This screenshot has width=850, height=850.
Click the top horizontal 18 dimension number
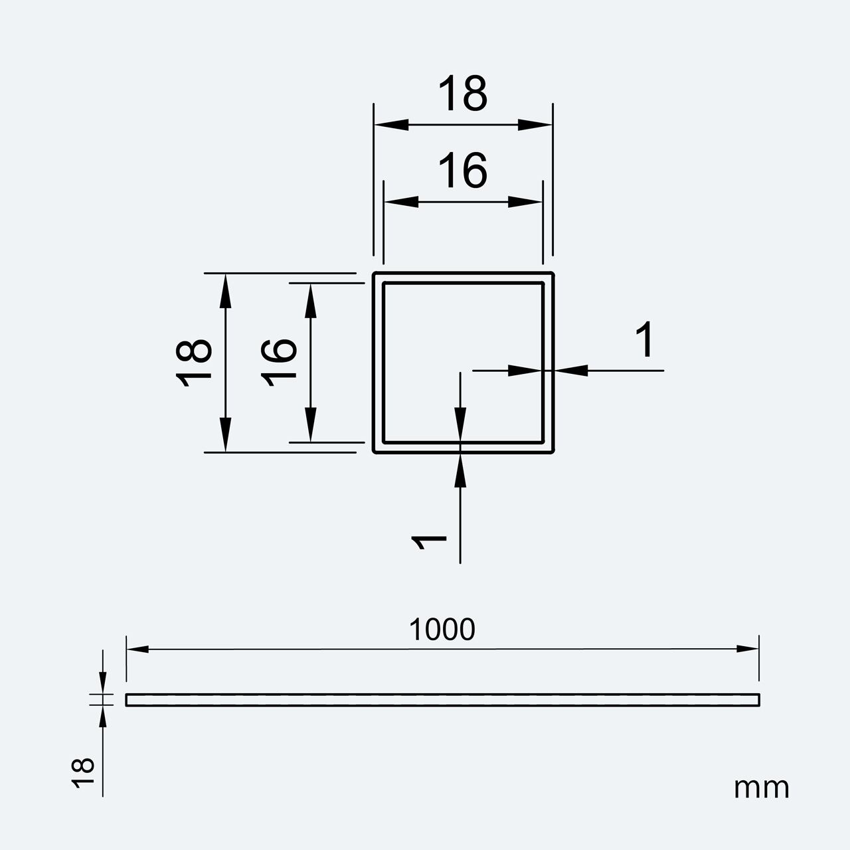tap(463, 93)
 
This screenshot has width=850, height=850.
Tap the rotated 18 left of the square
tap(194, 363)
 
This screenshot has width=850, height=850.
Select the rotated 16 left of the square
tap(278, 363)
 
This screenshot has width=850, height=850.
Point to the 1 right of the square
tap(644, 339)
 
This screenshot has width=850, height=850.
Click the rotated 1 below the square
tap(428, 542)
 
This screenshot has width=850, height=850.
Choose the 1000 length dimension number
tap(442, 630)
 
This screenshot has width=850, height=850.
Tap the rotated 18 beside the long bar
tap(83, 773)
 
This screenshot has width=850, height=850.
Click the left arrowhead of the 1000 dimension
tap(137, 649)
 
